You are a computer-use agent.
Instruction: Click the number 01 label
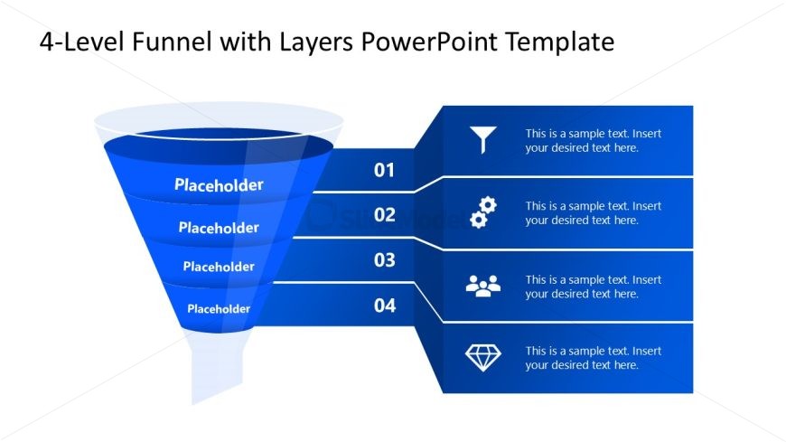[x=385, y=170]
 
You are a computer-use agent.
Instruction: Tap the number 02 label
[x=385, y=215]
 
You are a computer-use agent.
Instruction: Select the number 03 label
[x=385, y=260]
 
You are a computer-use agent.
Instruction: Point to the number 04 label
[x=385, y=306]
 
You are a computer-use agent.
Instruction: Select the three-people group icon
[x=483, y=286]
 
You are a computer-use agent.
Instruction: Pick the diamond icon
[x=483, y=358]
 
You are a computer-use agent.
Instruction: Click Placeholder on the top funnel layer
[x=219, y=185]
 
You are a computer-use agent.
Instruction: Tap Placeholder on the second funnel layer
[x=219, y=228]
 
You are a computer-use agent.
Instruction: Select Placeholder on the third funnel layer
[x=219, y=267]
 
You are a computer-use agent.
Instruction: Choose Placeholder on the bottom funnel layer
[x=219, y=309]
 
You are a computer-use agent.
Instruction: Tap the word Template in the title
[x=561, y=42]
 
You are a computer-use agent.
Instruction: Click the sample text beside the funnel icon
[x=594, y=140]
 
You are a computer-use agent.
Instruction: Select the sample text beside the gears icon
[x=594, y=212]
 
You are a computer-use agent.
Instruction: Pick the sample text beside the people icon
[x=594, y=287]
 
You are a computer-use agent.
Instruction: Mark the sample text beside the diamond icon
[x=594, y=358]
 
